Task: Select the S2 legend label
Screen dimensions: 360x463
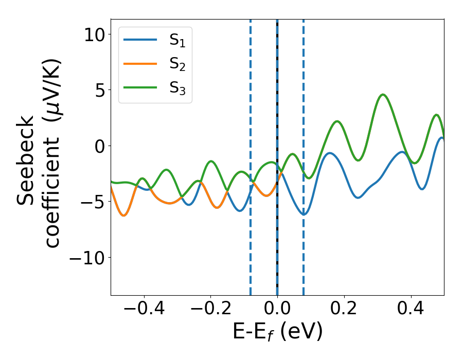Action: [x=177, y=65]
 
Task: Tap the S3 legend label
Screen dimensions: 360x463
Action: [x=177, y=88]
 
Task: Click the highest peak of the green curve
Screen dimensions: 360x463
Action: [x=383, y=95]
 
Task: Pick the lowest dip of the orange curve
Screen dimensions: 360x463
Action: [x=123, y=215]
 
